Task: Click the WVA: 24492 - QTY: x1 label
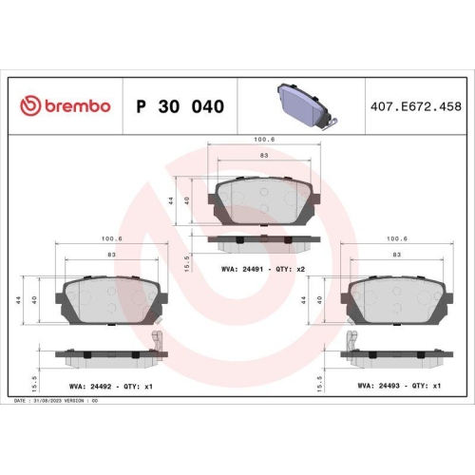pos(110,387)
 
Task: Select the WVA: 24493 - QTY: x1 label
pos(399,387)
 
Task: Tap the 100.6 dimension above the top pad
pos(264,140)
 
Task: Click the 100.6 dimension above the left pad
pos(112,239)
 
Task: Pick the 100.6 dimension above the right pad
pos(397,239)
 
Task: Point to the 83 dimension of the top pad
pos(263,155)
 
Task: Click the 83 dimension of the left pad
pos(112,256)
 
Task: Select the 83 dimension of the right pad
pos(397,256)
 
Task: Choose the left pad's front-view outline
pos(111,302)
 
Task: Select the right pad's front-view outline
pos(397,302)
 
